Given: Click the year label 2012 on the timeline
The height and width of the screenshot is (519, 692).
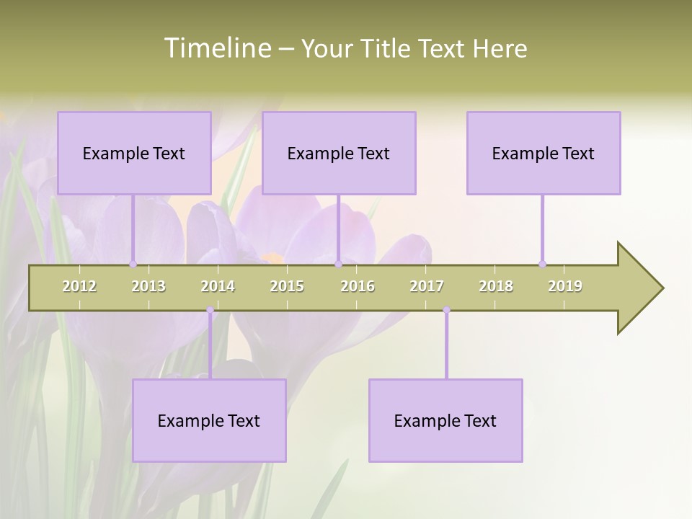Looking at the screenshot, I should point(79,286).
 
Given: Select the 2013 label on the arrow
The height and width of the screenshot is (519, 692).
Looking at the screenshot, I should point(148,286).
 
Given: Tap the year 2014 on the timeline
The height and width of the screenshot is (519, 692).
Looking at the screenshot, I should point(218,286).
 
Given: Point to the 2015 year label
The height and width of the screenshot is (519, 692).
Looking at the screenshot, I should point(287,286).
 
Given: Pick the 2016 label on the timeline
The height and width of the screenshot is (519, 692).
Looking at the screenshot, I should point(358,286).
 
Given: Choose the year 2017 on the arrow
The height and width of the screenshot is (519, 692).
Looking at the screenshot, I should point(427,286).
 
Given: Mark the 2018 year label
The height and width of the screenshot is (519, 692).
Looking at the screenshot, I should point(496,286).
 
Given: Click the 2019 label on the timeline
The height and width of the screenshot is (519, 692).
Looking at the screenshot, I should point(565,286).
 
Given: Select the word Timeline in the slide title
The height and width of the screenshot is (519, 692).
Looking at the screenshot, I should point(217,48).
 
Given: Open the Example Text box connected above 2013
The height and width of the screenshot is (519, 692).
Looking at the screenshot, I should point(134,153).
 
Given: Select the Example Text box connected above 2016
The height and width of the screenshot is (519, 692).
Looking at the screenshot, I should point(339,153).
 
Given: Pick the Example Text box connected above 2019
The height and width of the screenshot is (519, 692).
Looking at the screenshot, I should point(544,153).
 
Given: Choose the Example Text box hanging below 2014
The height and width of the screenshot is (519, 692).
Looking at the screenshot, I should point(209,420).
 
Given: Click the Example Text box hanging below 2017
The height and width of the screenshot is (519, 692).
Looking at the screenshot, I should point(445,420).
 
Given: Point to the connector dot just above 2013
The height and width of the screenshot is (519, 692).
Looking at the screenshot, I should point(133,264).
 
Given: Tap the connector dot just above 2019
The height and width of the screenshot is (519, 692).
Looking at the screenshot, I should point(543,264).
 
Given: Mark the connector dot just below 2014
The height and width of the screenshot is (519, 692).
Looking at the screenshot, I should point(210,310).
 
